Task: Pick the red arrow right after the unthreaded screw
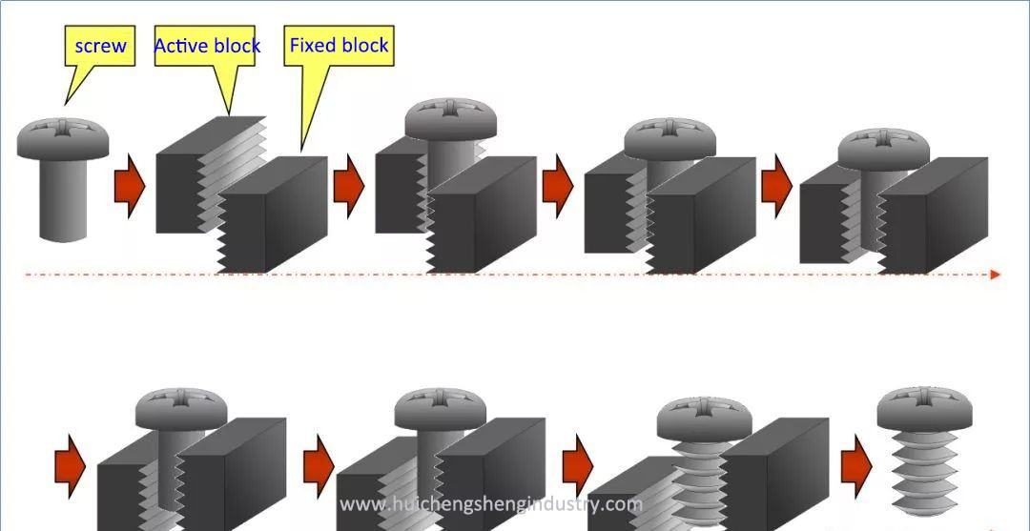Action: (x=129, y=186)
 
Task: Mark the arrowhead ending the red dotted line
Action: (x=996, y=275)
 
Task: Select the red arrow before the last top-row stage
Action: (x=776, y=186)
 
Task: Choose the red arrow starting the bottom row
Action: (x=71, y=464)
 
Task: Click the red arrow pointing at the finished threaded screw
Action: (x=855, y=464)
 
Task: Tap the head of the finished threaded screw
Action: (x=924, y=406)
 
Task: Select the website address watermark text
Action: (x=491, y=504)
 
